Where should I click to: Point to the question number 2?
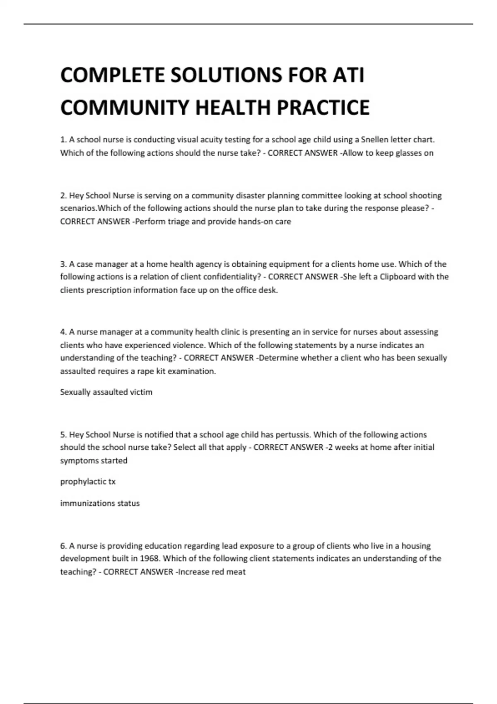click(x=63, y=195)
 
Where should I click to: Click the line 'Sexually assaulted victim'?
click(x=106, y=392)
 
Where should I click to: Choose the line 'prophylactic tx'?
click(x=88, y=482)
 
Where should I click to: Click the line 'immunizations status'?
click(x=100, y=503)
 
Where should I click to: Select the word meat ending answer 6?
click(x=236, y=572)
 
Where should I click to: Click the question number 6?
click(x=63, y=546)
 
